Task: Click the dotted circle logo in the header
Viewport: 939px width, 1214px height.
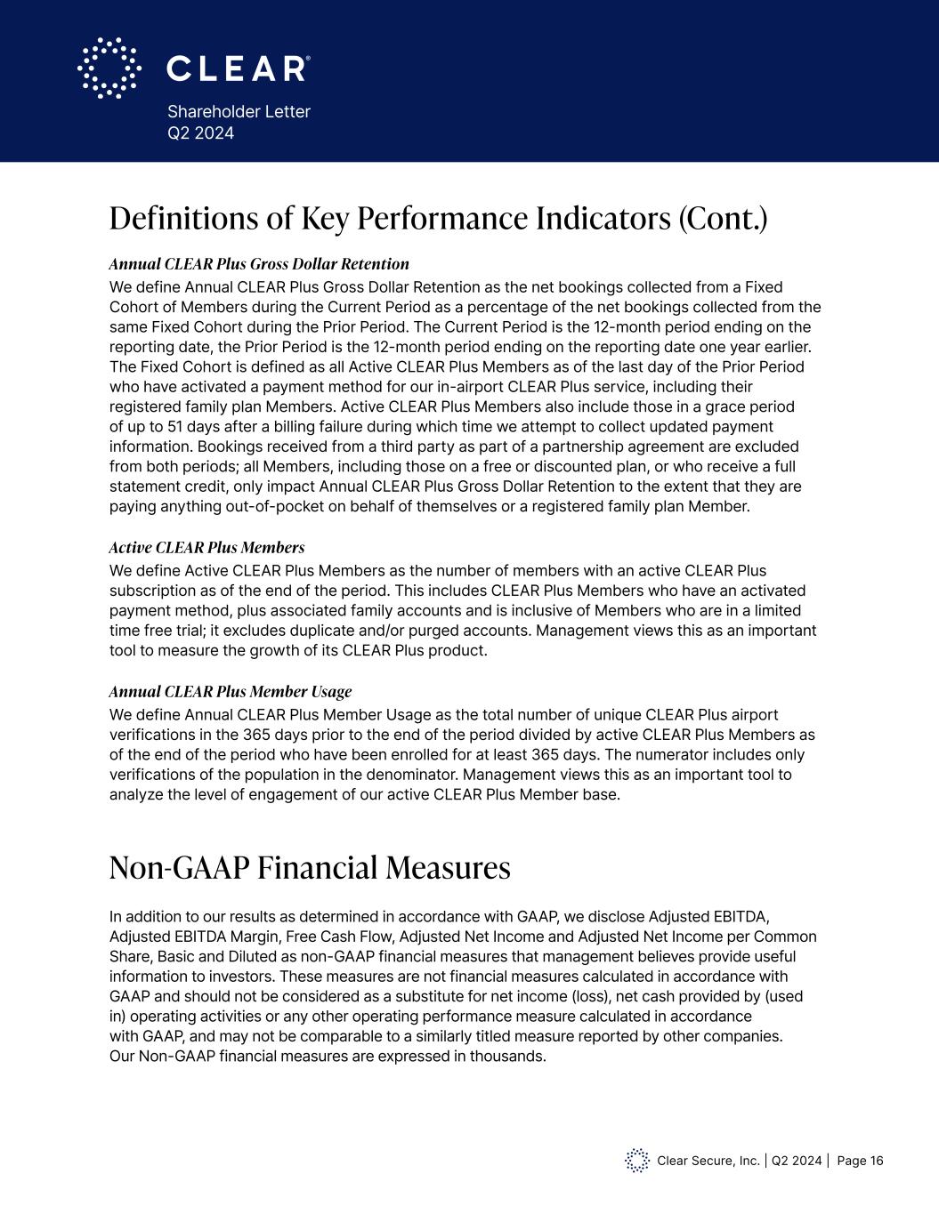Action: tap(109, 68)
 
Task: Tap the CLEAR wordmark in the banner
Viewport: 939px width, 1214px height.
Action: tap(238, 68)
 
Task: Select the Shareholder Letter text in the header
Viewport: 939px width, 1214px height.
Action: tap(239, 112)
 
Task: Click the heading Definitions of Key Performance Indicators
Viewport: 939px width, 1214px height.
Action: tap(438, 219)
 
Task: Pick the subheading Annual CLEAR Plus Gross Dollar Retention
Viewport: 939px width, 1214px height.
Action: tap(259, 264)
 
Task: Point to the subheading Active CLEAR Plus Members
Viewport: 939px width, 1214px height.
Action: tap(206, 547)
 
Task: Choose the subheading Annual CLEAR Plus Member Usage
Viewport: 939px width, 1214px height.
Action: tap(231, 691)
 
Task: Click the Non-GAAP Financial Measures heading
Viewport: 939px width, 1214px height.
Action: tap(310, 867)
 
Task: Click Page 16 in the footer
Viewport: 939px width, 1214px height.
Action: tap(861, 1161)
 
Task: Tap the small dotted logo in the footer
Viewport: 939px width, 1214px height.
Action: tap(637, 1161)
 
